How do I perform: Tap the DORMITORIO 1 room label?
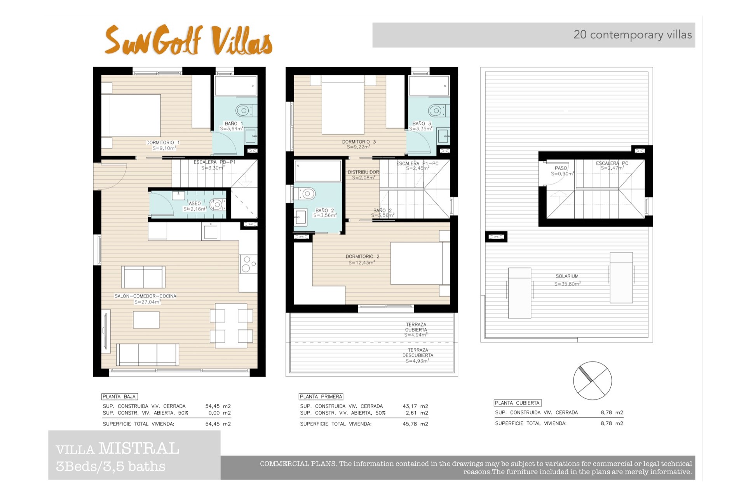pos(163,142)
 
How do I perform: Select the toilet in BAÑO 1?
pos(244,111)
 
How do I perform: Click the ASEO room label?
pos(195,203)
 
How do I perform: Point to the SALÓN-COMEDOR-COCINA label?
pos(145,296)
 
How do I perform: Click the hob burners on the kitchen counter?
pos(248,264)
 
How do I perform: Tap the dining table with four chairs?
pos(231,325)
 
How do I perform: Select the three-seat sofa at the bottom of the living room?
pos(148,355)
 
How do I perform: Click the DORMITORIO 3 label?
pos(359,142)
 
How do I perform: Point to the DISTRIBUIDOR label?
pos(363,172)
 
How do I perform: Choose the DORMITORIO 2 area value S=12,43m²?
pos(362,262)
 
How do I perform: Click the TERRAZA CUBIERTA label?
pos(416,327)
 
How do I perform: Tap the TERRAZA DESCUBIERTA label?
pos(418,353)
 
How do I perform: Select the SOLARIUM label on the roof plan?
pos(567,276)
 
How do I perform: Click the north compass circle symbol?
pos(593,381)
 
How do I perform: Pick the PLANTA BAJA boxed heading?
pos(120,396)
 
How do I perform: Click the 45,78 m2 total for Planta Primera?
pos(415,424)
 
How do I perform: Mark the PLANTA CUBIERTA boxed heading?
pos(518,403)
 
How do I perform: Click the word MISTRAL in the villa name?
pos(139,448)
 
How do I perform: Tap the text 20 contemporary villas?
pos(633,35)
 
